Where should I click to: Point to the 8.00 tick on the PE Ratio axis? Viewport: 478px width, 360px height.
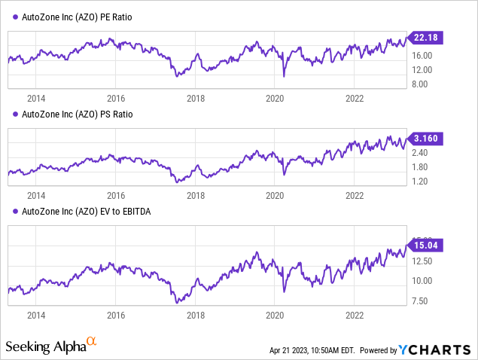coord(420,84)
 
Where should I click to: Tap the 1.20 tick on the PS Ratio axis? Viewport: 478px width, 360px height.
coord(420,181)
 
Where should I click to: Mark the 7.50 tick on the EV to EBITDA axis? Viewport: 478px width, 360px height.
coord(420,301)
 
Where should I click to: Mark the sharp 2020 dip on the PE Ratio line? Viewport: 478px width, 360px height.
coord(284,75)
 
